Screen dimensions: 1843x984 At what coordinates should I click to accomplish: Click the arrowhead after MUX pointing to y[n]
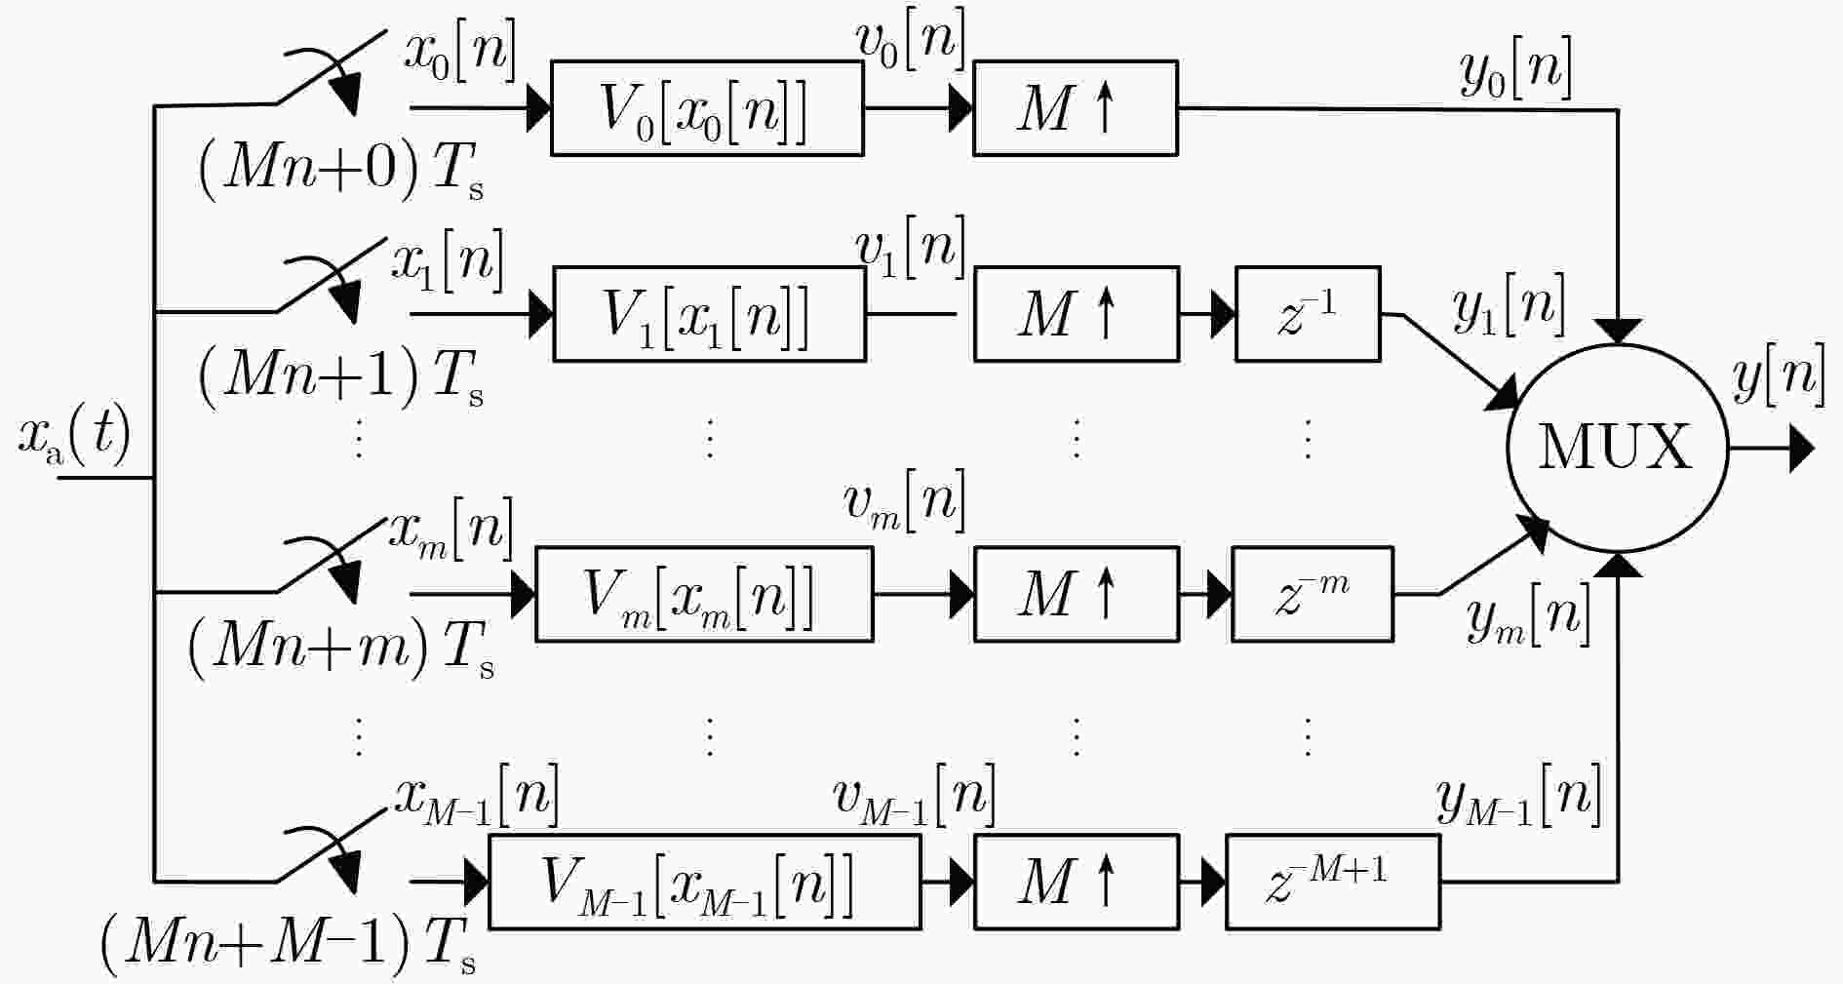(x=1802, y=450)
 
